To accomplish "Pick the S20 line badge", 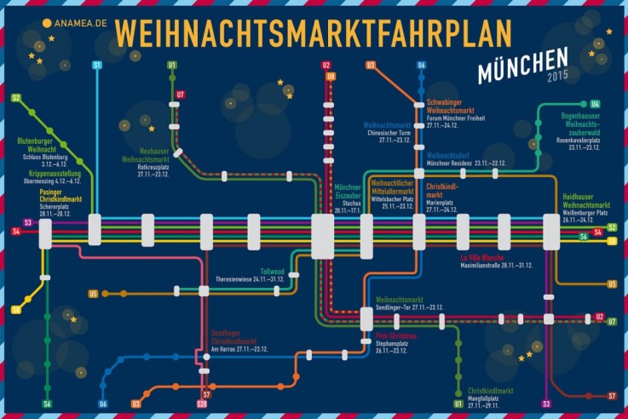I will pos(202,403).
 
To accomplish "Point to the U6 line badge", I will pos(104,403).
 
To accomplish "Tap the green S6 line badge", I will pos(48,403).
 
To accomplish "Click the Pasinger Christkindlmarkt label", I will pos(51,194).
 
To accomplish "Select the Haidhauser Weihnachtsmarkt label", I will pos(586,201).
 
